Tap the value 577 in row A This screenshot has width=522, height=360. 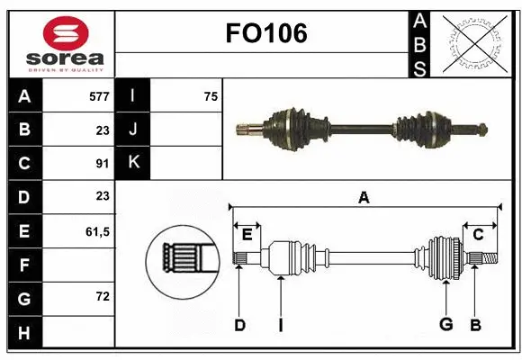coord(98,96)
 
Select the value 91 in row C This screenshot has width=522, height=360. coord(102,164)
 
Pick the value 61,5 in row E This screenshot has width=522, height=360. coord(97,231)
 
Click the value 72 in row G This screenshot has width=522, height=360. coord(102,297)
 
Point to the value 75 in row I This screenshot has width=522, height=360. coord(211,96)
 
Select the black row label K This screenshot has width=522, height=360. coord(133,163)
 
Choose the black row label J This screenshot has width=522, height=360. coord(133,130)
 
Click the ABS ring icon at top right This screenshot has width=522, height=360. coord(473,41)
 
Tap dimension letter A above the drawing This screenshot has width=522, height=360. coord(364,197)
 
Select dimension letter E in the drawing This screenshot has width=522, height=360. coord(247,234)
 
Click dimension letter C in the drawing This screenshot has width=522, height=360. coord(479,234)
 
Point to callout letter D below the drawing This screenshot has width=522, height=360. coord(239,325)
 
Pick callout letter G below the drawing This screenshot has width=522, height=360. coord(445,325)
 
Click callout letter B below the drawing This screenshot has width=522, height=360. coord(475,325)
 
